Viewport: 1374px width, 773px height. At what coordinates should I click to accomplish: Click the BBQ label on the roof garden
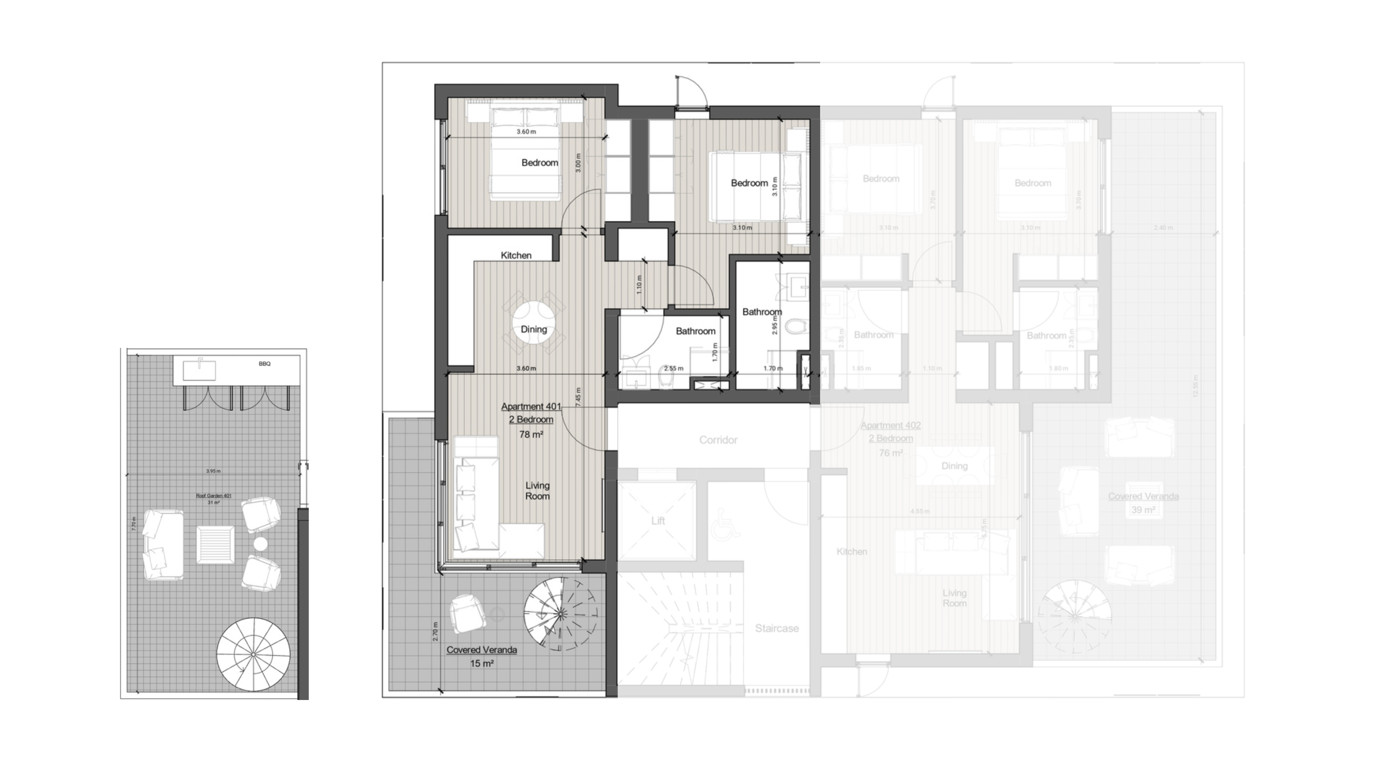coord(265,364)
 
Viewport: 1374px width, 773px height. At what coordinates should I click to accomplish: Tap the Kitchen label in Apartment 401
coord(516,256)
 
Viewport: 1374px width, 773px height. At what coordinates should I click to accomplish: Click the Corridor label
coord(718,440)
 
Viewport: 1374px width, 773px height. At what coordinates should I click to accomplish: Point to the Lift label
coord(658,521)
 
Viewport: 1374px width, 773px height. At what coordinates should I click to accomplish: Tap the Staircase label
coord(777,628)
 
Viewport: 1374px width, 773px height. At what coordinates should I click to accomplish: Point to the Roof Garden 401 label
coord(213,496)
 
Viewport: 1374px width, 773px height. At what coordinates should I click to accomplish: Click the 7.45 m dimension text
coord(578,397)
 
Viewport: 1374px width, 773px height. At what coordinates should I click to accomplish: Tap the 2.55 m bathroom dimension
coord(674,368)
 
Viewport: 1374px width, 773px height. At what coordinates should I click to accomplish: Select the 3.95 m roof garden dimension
coord(213,471)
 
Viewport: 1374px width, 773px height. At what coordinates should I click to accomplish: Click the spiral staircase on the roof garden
coord(253,654)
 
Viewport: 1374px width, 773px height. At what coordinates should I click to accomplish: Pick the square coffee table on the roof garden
coord(215,544)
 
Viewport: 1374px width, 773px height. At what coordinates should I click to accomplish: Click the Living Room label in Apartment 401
coord(537,491)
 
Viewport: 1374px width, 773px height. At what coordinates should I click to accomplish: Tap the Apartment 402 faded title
coord(890,426)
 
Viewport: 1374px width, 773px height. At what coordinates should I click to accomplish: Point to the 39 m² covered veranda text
coord(1143,510)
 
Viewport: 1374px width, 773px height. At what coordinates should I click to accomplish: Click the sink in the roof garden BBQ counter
coord(199,370)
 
